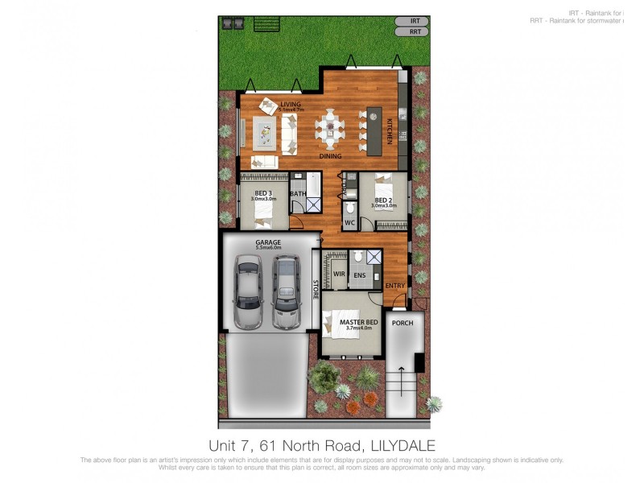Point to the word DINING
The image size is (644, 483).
(x=330, y=156)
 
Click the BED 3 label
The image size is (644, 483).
(x=263, y=193)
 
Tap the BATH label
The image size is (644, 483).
(x=297, y=193)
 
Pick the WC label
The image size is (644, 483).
(x=350, y=222)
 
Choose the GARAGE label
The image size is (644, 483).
(x=267, y=242)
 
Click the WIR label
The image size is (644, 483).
(x=339, y=275)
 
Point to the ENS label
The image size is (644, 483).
(x=360, y=275)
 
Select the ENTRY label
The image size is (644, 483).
(x=394, y=286)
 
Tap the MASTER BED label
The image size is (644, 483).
(x=354, y=323)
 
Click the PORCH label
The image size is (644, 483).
(x=402, y=323)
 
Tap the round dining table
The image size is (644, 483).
(x=330, y=126)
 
